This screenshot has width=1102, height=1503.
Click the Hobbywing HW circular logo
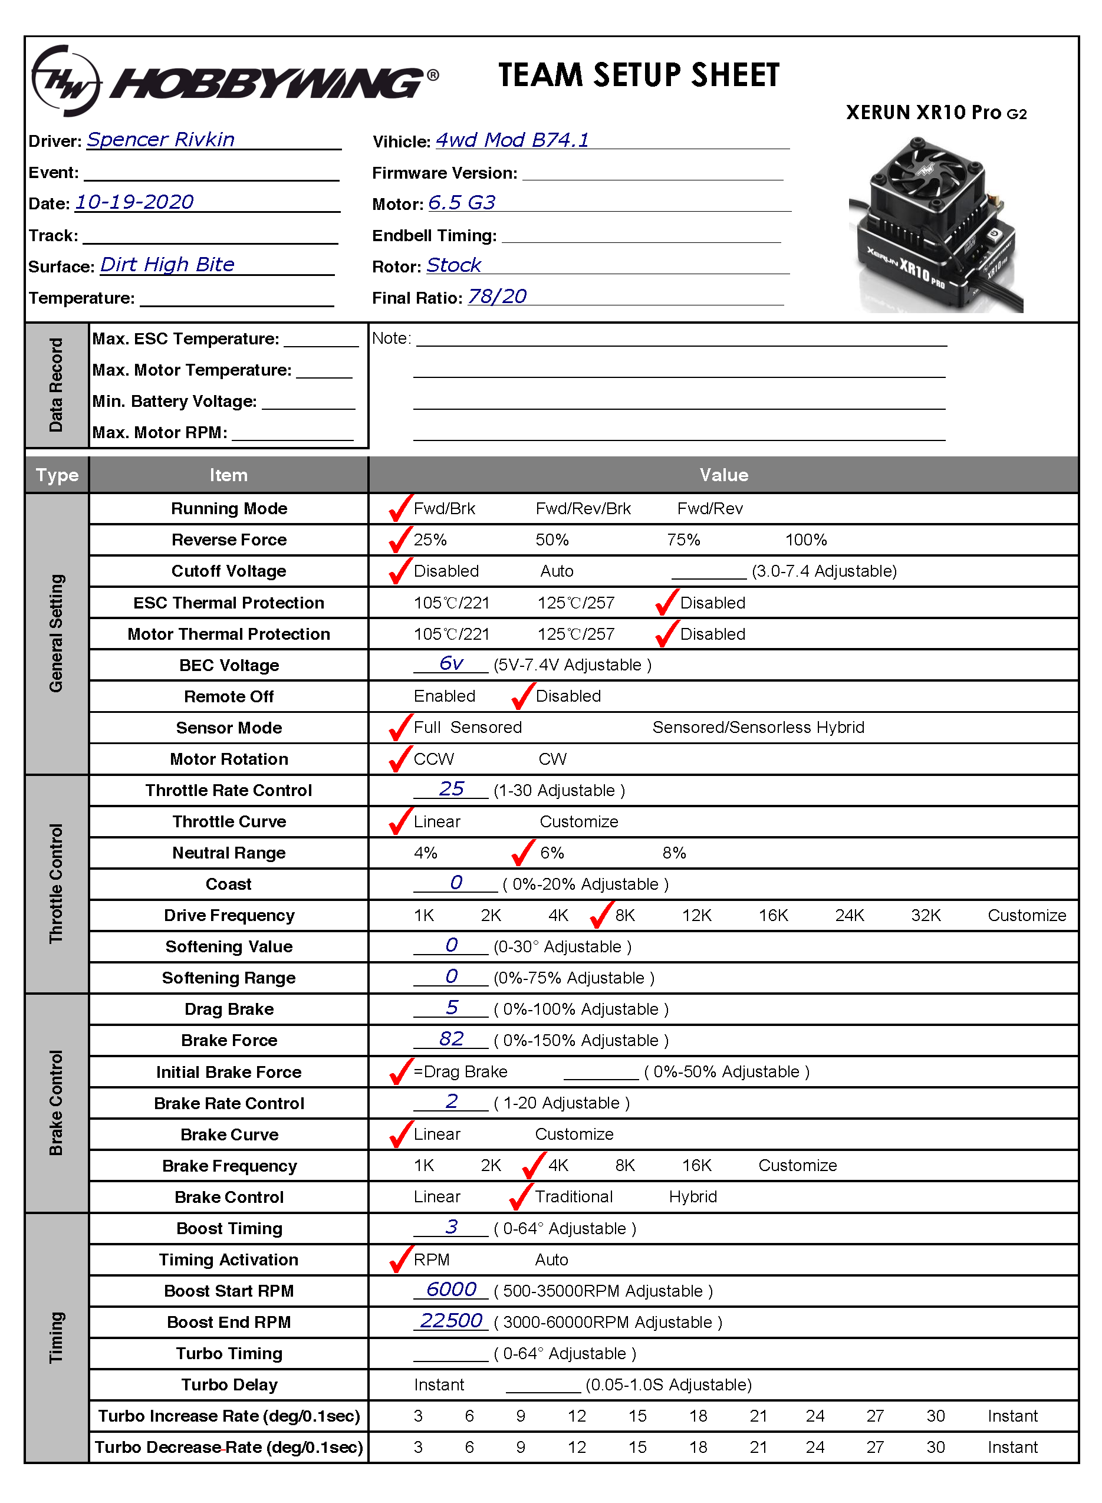point(66,81)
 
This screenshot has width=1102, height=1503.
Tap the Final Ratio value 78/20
point(497,296)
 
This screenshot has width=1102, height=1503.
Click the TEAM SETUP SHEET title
point(639,75)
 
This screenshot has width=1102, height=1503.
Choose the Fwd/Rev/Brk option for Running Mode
point(583,509)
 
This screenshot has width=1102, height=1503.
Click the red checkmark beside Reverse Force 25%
point(400,539)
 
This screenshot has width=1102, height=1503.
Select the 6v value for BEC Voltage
point(451,663)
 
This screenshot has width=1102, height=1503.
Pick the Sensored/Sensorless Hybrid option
point(758,727)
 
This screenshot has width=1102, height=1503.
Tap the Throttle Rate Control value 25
point(452,788)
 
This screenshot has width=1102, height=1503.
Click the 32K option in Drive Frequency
point(925,915)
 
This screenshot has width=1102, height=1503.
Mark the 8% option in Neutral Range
point(674,853)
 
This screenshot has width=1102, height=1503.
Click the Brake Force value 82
point(452,1039)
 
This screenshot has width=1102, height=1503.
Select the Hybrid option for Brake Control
point(692,1197)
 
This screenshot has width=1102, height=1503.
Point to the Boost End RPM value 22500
point(451,1320)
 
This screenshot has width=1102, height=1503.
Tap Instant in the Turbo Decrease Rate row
point(1012,1447)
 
